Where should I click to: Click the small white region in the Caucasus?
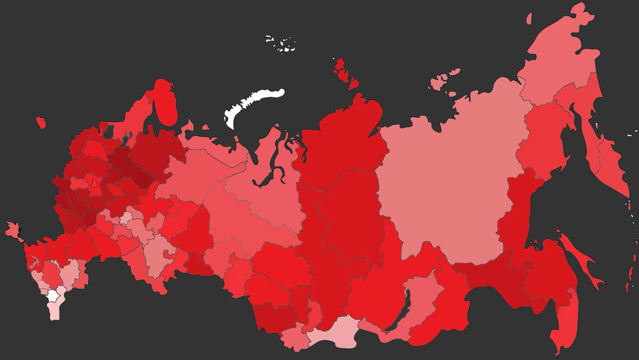[x=53, y=296]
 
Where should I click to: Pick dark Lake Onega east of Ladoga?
[x=126, y=140]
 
